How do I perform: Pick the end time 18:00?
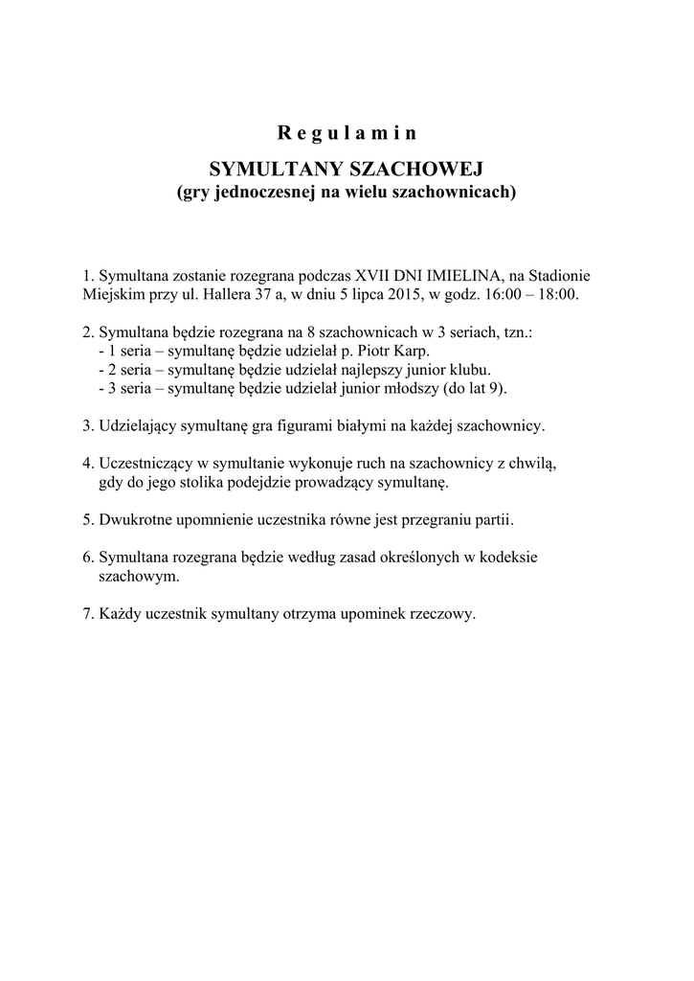pos(559,293)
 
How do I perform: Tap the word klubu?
pos(470,369)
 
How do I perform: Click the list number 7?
pos(87,613)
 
